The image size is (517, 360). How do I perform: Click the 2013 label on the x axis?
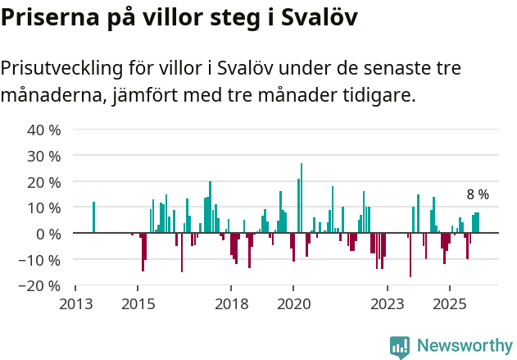[75, 303]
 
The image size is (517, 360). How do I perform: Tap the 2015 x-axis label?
[138, 303]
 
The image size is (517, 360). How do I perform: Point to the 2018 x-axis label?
[231, 303]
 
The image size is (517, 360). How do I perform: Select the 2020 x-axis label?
[293, 303]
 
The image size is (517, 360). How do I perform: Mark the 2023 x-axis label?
[387, 303]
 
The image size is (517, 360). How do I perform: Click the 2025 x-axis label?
[449, 303]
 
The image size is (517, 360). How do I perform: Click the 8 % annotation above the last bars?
[478, 194]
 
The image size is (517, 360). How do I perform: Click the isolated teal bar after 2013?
[93, 217]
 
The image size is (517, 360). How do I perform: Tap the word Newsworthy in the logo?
[464, 346]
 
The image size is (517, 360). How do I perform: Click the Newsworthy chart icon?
[400, 347]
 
